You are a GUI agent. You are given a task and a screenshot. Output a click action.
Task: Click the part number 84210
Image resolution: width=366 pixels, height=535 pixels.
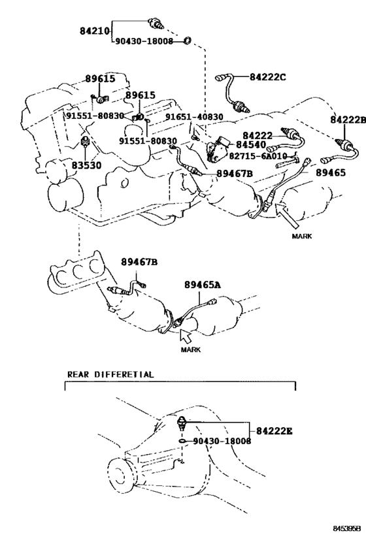(x=95, y=31)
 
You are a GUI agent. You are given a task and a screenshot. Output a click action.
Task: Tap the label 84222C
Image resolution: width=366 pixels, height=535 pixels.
(x=268, y=77)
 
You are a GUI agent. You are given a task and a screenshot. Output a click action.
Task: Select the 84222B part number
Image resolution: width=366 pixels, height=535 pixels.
(x=348, y=120)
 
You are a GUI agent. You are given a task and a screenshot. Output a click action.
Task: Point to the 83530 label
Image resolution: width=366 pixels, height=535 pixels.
(x=86, y=165)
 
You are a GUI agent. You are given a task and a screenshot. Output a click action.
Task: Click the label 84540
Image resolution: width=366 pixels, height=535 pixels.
(x=251, y=144)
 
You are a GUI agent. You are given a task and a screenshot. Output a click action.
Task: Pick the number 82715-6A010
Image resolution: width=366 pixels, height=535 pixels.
(x=258, y=156)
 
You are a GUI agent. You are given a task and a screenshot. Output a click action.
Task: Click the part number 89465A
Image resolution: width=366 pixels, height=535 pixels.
(x=203, y=285)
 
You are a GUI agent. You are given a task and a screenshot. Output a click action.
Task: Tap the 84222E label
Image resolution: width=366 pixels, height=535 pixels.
(x=274, y=431)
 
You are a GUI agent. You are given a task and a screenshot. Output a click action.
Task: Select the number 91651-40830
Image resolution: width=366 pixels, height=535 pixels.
(x=194, y=117)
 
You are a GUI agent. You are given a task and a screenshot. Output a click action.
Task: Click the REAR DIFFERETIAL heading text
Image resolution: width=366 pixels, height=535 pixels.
(x=110, y=374)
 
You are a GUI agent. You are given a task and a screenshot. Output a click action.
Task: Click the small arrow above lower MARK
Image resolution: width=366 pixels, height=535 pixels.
(x=186, y=336)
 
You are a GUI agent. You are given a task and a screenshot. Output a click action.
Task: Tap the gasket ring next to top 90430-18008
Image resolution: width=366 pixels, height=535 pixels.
(x=187, y=41)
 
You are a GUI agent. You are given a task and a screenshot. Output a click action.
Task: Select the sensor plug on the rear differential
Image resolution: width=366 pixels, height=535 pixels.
(x=181, y=423)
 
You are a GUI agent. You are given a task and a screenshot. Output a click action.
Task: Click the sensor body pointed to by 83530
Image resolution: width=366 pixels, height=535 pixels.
(x=85, y=141)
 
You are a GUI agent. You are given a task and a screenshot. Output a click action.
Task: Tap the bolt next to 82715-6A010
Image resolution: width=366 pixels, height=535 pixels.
(x=287, y=163)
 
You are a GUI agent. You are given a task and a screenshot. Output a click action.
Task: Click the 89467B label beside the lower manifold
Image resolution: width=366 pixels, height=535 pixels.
(x=139, y=262)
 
